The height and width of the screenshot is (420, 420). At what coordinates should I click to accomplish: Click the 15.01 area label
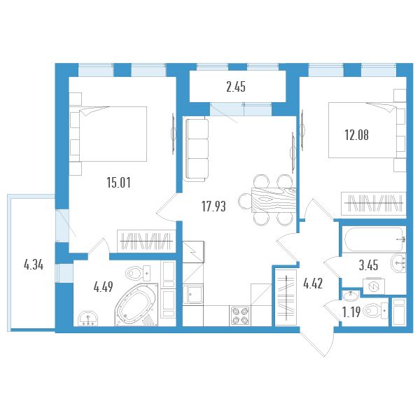119,183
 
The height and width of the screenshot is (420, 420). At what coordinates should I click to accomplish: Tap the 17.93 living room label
213,206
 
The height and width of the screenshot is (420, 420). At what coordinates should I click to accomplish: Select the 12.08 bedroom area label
356,135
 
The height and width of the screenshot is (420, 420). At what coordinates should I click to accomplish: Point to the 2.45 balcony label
236,87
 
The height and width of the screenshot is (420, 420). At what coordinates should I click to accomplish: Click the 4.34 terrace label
34,265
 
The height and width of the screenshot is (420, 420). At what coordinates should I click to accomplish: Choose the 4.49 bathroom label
104,286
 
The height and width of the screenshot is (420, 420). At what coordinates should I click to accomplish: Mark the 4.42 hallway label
313,283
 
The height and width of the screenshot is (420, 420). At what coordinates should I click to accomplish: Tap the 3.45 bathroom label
369,265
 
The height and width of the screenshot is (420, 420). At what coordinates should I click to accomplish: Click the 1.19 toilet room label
351,312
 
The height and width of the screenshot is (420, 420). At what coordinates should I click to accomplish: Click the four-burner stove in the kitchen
240,316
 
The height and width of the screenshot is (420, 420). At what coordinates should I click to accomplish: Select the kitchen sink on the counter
193,295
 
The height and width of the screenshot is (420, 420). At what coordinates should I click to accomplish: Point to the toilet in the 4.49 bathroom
139,273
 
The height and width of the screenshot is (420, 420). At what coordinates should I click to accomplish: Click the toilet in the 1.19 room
375,311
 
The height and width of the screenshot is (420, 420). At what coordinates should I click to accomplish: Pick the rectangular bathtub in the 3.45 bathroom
374,239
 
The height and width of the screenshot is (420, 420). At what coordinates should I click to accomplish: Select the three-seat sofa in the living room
197,150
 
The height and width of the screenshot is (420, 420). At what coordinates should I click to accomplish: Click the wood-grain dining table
274,199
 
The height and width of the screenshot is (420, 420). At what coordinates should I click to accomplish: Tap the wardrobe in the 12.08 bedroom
374,204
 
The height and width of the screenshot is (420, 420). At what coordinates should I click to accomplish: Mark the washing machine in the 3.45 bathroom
374,286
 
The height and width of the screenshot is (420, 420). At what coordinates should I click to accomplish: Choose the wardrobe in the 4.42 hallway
286,297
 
